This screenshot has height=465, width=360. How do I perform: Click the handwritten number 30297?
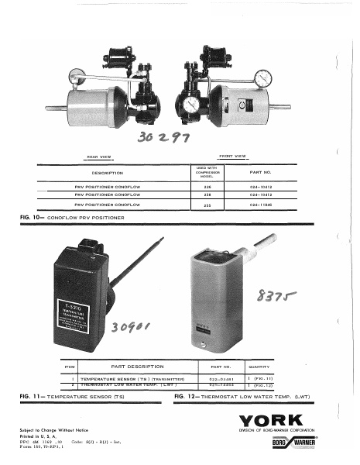click(166, 139)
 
